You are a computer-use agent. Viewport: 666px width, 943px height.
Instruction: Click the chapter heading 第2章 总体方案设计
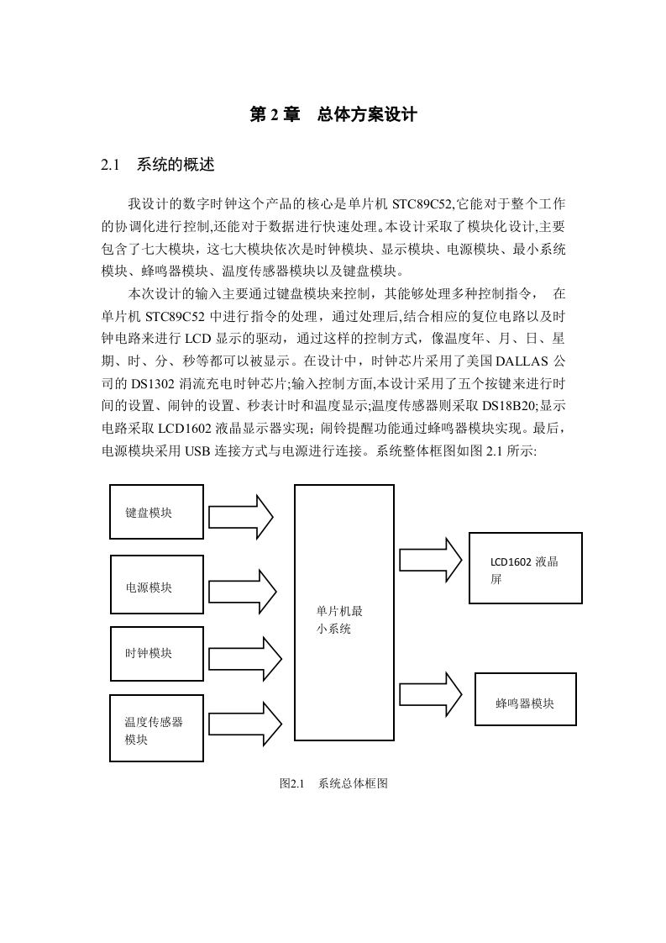333,115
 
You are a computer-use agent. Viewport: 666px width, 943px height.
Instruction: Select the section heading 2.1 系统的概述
158,165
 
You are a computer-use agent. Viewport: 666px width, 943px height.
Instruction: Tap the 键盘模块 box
156,512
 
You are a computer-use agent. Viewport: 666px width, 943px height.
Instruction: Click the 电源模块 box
157,585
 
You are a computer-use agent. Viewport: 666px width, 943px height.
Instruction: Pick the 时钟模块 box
157,654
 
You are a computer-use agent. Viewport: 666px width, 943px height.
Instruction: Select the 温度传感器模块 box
156,729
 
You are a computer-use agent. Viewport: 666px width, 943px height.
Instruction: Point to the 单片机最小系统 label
339,620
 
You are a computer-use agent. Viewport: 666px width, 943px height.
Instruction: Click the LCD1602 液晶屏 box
526,567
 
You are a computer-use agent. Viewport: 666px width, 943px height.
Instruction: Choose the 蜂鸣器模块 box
526,698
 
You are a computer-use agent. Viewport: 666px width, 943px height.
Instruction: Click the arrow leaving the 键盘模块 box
241,517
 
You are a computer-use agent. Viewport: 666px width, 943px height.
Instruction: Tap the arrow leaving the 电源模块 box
242,591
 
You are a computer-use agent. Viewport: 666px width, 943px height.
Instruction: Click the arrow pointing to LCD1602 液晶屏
430,560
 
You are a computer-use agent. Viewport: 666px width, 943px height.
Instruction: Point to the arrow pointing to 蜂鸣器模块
430,694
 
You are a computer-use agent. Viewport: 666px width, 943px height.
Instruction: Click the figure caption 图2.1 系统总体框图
333,783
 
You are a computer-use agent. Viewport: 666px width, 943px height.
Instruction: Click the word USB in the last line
197,450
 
